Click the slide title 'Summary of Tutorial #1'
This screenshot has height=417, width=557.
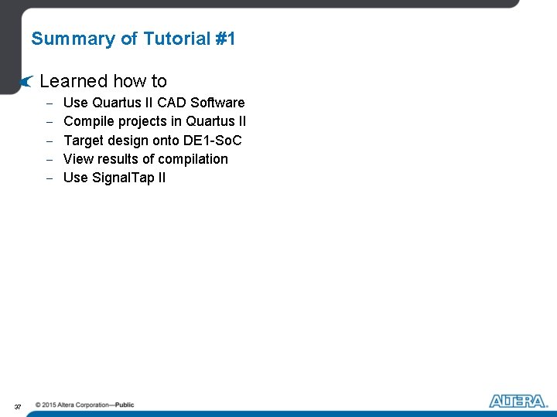133,39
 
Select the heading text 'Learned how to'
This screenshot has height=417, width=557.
103,81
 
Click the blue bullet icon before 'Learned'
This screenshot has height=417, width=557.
27,81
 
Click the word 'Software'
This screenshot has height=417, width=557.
218,103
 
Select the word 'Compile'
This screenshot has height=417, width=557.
89,121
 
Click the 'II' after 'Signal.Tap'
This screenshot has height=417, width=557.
160,178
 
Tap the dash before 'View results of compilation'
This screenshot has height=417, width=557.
48,160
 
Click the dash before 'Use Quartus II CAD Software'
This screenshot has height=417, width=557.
48,103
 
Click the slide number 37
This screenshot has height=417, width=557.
17,406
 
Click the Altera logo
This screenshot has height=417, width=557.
518,401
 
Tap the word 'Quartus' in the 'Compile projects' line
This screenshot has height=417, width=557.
209,121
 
